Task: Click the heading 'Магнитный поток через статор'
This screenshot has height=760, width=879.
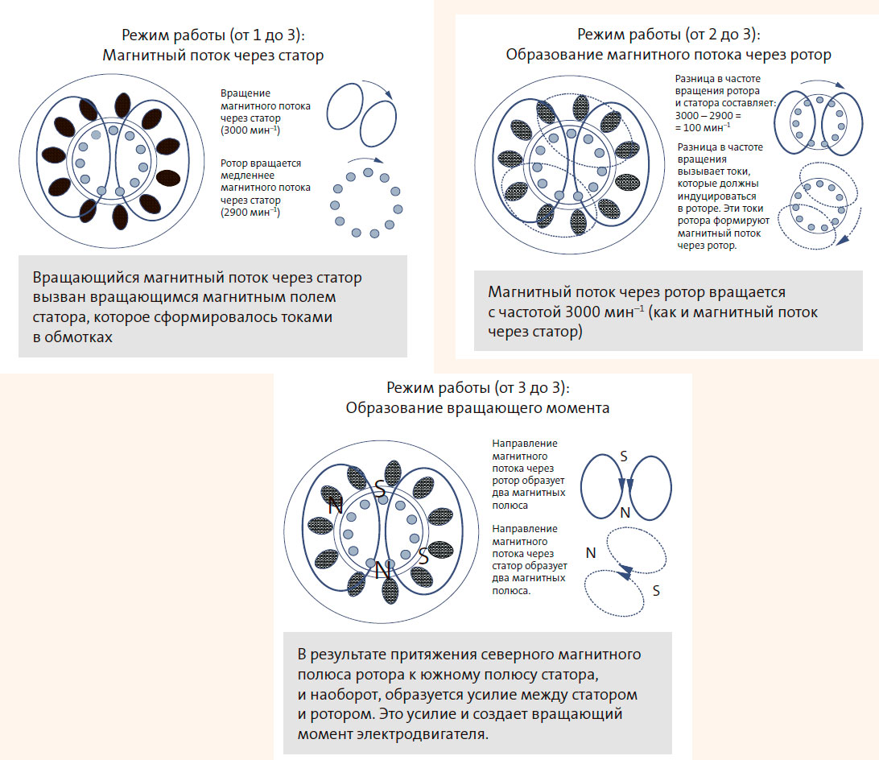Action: pos(213,56)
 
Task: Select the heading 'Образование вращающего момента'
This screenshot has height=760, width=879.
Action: pos(477,407)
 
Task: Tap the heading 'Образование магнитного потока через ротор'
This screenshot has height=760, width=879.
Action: pos(668,55)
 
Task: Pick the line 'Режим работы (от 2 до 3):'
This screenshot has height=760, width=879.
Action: pos(668,35)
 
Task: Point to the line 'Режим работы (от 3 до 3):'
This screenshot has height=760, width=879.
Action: pos(477,387)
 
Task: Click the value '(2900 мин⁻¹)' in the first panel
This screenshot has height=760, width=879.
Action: pos(250,213)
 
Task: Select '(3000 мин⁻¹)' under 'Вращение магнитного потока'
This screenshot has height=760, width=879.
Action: pos(250,130)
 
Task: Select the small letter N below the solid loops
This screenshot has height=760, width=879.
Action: pos(623,513)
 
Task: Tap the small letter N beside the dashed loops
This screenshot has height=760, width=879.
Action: pos(591,553)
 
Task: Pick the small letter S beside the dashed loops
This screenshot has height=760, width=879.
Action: pos(656,591)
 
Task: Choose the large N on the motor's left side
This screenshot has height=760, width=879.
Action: pos(336,506)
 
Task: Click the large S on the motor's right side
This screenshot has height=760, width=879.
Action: pos(423,555)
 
